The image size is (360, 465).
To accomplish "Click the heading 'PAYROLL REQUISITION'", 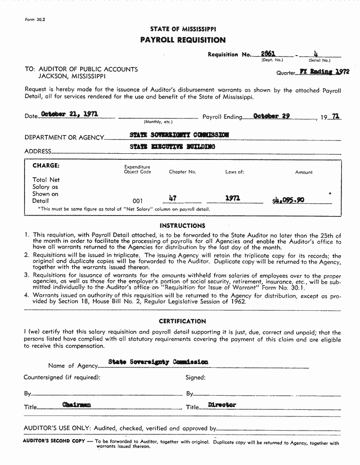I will point(183,40).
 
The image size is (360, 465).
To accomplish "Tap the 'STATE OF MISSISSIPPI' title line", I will point(183,29).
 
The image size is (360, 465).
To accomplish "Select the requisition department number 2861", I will point(268,54).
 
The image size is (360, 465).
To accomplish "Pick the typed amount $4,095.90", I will point(288,200).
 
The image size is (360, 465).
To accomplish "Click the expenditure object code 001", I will point(138,201).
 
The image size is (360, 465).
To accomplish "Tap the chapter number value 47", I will point(172,199).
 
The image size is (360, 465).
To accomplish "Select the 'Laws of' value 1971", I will point(233,199).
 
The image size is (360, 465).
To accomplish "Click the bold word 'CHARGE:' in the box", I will point(46,166).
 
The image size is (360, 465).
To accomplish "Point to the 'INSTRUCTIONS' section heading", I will point(182,226).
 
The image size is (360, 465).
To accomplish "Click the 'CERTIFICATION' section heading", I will point(182,321).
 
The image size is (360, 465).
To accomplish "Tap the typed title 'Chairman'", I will point(76,404).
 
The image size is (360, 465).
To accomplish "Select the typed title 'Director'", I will point(222,405).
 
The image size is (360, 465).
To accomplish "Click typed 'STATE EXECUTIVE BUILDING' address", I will point(172,147).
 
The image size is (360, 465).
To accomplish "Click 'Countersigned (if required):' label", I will point(62,377).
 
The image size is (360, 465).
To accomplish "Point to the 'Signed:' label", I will point(195,377).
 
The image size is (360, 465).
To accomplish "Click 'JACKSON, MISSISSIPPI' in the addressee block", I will point(72,76).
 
